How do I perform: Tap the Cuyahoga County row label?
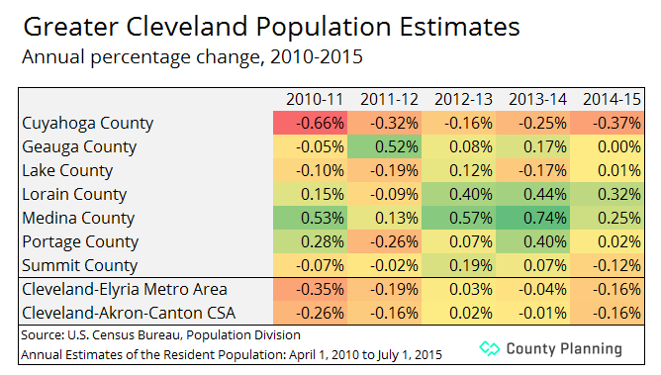pyautogui.click(x=88, y=124)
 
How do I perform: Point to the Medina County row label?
pyautogui.click(x=79, y=219)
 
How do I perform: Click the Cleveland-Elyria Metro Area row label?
pyautogui.click(x=125, y=290)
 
